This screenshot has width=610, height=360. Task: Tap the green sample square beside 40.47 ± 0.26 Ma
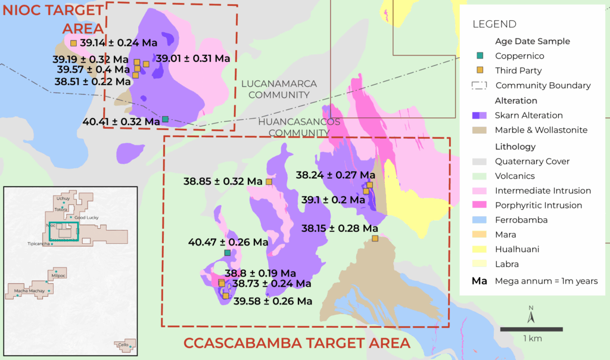click(227, 253)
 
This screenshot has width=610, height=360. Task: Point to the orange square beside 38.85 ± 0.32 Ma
click(269, 181)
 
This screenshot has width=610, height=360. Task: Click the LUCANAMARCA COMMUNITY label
click(279, 89)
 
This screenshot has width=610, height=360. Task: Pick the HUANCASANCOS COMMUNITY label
click(300, 127)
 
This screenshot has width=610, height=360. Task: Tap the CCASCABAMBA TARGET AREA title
click(297, 343)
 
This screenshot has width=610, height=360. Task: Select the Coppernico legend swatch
click(480, 56)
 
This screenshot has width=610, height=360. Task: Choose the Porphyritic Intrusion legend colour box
click(480, 206)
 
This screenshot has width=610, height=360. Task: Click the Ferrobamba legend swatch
click(480, 220)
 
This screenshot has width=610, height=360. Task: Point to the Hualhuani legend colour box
click(480, 249)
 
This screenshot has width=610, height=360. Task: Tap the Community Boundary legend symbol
click(480, 85)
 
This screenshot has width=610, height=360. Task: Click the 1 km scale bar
click(531, 329)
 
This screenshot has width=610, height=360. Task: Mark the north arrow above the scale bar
click(531, 314)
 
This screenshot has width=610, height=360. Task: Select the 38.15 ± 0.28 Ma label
click(340, 228)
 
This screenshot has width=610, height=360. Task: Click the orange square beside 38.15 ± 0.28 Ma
click(375, 238)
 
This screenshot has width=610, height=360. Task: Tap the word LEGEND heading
click(494, 24)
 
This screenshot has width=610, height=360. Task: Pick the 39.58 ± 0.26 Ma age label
click(273, 302)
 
